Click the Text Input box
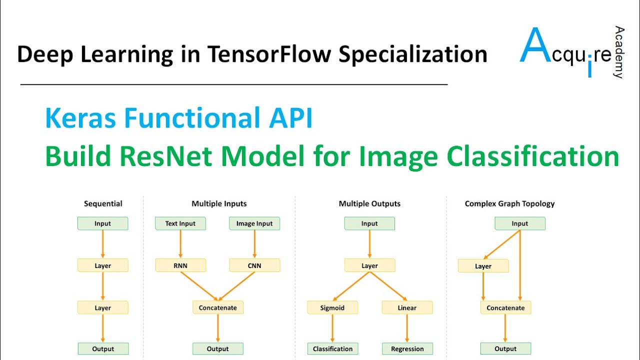point(180,223)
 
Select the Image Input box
point(254,223)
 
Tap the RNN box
point(180,265)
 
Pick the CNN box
point(254,265)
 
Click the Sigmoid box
point(332,307)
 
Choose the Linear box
point(407,307)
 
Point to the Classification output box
point(332,349)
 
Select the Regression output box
point(407,349)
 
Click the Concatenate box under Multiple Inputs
point(217,307)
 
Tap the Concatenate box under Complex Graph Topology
point(505,307)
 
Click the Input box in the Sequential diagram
point(102,223)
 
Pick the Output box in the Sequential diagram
point(103,349)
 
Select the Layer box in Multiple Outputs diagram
point(369,265)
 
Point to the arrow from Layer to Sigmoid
point(351,286)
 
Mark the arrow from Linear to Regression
point(407,328)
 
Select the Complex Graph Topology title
point(509,203)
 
